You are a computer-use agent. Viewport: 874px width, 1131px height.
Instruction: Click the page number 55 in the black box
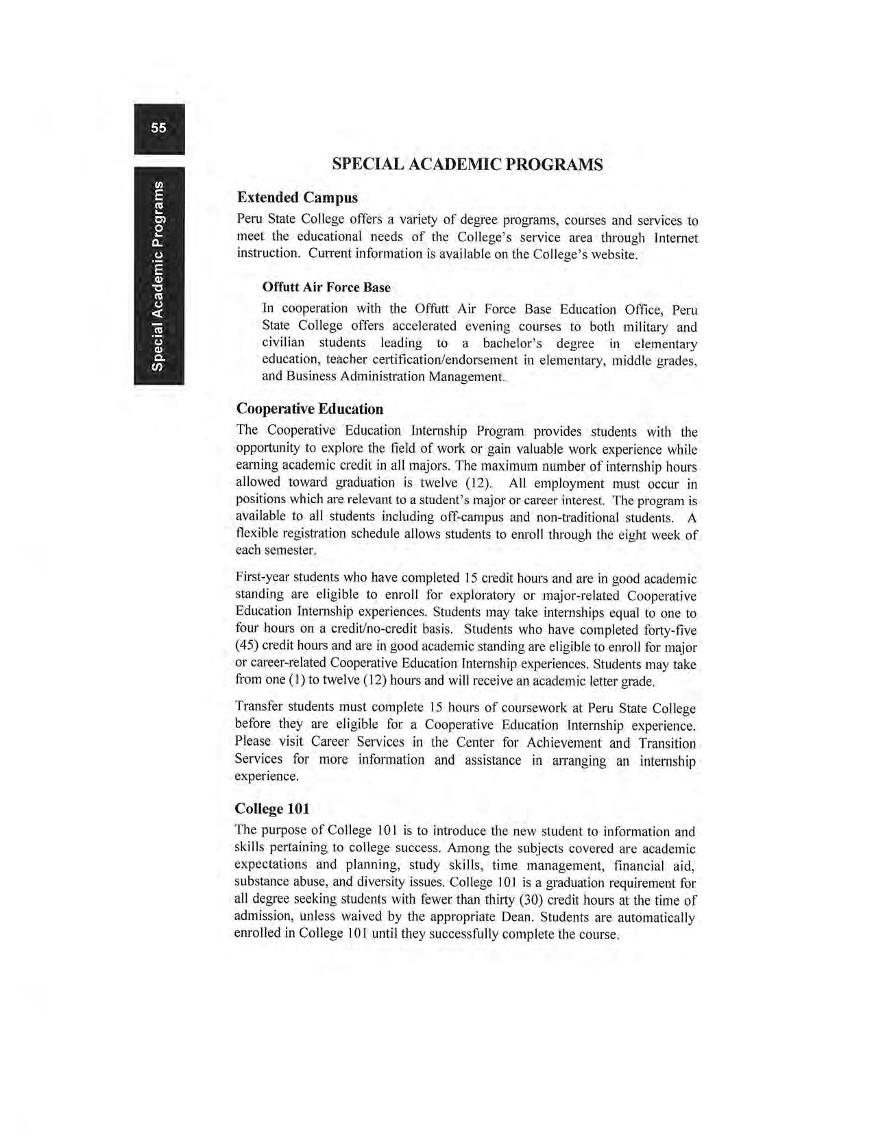159,128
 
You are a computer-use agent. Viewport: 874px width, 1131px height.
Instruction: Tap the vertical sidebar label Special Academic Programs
159,276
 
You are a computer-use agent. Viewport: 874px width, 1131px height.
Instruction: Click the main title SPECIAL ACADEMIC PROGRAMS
467,165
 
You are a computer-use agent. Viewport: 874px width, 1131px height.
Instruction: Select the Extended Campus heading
297,197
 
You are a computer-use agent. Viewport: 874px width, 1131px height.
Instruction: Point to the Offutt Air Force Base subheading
326,287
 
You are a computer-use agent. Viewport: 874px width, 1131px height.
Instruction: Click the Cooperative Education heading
310,409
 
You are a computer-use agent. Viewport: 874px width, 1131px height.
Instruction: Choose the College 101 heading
272,809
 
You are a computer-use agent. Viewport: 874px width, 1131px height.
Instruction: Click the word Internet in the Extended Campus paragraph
676,238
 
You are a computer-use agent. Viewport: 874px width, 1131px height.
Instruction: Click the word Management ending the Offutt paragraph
466,376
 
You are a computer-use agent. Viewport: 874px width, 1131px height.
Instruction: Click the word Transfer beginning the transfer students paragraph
259,707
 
